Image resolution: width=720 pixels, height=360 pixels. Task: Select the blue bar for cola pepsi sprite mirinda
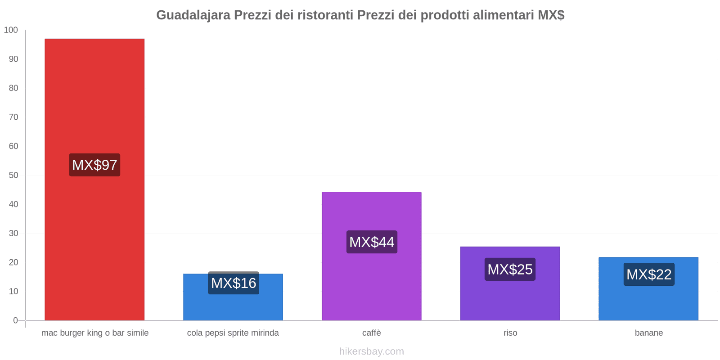[233, 306]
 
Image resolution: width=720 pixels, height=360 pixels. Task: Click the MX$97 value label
[94, 165]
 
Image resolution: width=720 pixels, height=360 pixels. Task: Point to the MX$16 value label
[234, 283]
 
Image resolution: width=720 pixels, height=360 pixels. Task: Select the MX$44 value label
[372, 242]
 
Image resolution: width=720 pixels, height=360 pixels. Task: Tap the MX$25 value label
[510, 269]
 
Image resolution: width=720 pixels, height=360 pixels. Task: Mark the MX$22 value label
[649, 274]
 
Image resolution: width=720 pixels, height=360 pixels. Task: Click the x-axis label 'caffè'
[371, 333]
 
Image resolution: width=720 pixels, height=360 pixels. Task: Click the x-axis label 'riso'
[510, 333]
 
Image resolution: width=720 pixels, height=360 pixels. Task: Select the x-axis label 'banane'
[648, 333]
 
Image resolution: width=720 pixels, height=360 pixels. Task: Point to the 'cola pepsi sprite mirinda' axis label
[233, 333]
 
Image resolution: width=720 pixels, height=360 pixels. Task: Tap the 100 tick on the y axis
[11, 30]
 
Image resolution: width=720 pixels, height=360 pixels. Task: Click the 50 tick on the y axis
[13, 175]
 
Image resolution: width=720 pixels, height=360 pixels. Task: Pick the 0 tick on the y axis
[15, 320]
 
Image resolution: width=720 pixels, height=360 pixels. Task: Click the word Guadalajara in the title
[193, 15]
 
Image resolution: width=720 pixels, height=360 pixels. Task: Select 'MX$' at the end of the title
[551, 15]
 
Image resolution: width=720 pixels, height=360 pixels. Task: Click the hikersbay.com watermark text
[371, 351]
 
